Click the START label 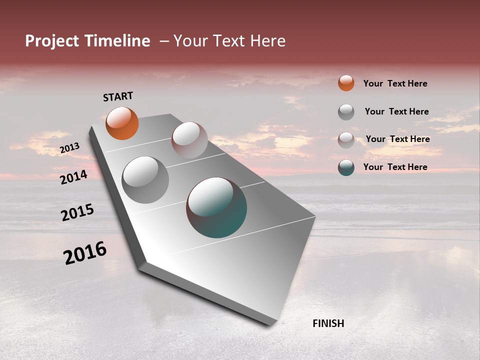click(118, 96)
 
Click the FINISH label click(328, 323)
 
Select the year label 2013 click(69, 148)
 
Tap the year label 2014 click(73, 177)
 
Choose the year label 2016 click(85, 253)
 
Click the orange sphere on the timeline click(122, 123)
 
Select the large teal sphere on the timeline click(216, 207)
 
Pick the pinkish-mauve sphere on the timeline click(189, 140)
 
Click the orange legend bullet click(346, 83)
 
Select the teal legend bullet click(346, 167)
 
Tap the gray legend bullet click(346, 111)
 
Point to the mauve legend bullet click(346, 139)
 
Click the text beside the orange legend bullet click(395, 83)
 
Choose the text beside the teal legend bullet click(395, 167)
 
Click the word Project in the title click(51, 41)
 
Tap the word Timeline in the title click(116, 41)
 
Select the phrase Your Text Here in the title click(229, 41)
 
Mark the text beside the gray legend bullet click(396, 111)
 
